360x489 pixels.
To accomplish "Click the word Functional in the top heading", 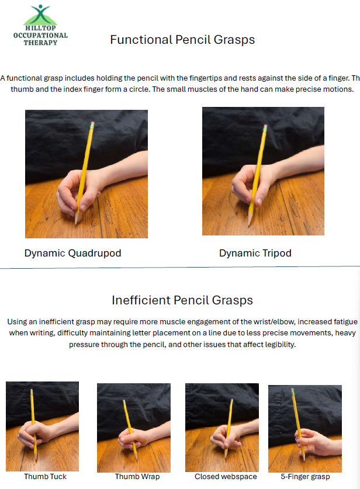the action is point(141,40).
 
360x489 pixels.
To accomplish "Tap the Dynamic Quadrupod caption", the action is point(72,253).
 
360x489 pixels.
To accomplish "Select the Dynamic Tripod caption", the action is point(255,253).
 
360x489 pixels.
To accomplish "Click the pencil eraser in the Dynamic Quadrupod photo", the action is point(92,125).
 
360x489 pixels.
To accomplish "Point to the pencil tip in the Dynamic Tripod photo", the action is point(248,224).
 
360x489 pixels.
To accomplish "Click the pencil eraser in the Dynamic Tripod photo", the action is point(265,128).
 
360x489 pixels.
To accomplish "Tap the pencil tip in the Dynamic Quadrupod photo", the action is point(75,223).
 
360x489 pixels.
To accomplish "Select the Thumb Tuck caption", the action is point(45,477).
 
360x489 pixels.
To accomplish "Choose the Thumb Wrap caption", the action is point(137,477).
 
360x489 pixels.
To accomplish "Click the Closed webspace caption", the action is point(226,477).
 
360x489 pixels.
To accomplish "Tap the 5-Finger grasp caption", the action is point(305,477).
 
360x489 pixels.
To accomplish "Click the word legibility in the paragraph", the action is point(280,344).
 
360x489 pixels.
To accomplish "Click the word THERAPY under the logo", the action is point(40,43).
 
